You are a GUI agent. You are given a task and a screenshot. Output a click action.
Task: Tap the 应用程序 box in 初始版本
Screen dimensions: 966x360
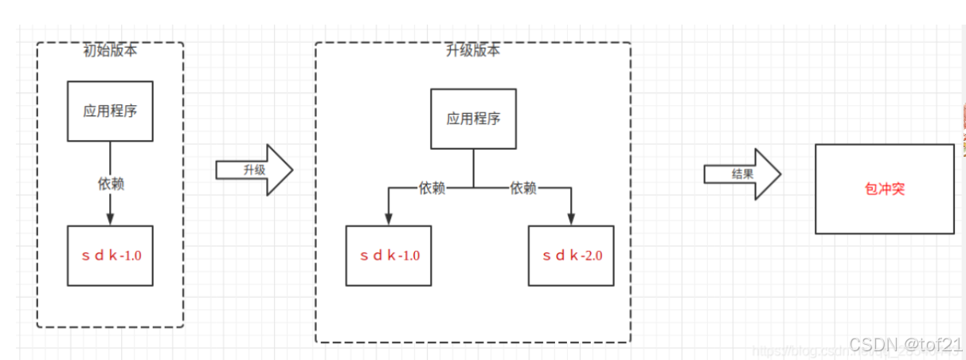(110, 111)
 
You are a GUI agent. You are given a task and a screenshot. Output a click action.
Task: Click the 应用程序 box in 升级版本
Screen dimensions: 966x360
(474, 119)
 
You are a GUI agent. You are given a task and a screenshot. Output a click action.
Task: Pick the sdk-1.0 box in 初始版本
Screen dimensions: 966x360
(110, 256)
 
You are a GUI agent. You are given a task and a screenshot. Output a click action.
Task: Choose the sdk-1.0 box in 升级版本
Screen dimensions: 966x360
(389, 256)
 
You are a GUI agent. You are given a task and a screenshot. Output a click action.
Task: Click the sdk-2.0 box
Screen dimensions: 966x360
(571, 256)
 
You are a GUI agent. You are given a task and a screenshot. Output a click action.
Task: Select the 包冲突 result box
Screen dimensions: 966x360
(884, 189)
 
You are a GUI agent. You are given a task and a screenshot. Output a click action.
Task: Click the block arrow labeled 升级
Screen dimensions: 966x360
(254, 170)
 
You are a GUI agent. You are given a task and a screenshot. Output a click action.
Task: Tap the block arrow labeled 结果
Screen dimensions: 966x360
(741, 173)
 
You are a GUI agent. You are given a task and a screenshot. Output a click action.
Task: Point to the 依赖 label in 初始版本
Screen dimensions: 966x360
(111, 184)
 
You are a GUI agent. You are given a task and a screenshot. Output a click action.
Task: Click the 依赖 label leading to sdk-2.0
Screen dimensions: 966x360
(523, 188)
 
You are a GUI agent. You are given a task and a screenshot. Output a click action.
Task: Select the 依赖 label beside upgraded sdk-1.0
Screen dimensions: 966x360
(432, 188)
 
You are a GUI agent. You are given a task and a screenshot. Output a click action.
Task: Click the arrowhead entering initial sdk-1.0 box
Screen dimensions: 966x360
(110, 221)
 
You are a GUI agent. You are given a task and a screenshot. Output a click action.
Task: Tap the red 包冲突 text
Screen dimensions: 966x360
(884, 189)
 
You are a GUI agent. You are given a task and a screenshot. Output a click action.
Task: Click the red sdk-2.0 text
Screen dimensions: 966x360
(572, 256)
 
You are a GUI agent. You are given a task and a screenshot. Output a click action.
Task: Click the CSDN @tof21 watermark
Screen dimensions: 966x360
(905, 344)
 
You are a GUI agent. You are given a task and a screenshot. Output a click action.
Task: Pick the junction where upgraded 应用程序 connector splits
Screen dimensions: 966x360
(474, 188)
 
